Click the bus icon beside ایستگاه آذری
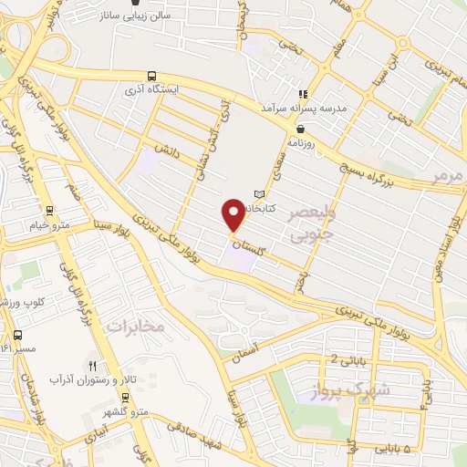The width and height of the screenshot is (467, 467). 150,77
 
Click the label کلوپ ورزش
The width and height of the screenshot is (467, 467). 18,300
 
